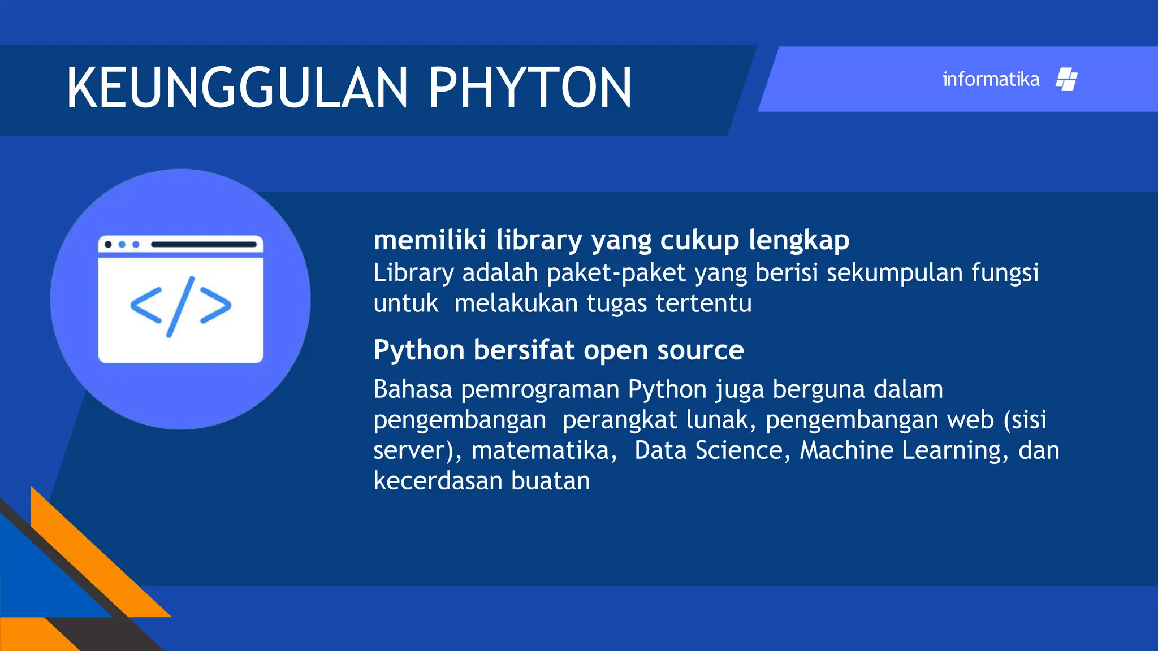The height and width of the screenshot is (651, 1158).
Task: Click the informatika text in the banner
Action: click(991, 80)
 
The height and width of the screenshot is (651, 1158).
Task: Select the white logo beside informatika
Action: click(1066, 80)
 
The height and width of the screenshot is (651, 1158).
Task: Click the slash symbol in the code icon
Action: click(180, 306)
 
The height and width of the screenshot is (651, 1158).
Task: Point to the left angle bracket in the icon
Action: click(146, 306)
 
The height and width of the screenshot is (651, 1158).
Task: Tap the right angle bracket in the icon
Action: click(215, 306)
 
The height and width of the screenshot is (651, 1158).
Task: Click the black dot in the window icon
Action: click(108, 245)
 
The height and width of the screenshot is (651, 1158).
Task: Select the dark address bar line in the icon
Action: click(204, 245)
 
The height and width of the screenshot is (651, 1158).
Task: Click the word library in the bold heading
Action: click(539, 240)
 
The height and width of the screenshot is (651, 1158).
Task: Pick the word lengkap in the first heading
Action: click(799, 240)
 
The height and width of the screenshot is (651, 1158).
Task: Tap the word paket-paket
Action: click(616, 273)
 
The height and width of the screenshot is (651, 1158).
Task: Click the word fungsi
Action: click(1005, 273)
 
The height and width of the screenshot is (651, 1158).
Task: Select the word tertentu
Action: click(703, 303)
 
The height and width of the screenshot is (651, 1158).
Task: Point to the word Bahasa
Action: click(413, 389)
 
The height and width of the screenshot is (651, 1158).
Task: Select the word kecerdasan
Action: click(438, 481)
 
